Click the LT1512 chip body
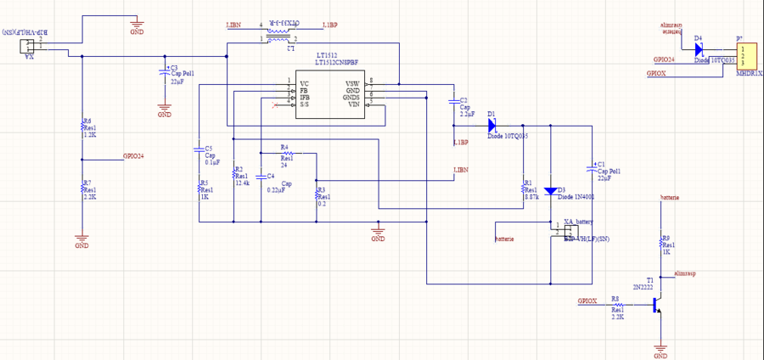(331, 98)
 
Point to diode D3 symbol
(550, 191)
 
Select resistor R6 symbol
(81, 127)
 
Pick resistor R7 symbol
(81, 188)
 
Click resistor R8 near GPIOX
(617, 303)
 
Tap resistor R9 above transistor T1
(662, 245)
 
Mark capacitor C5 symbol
(198, 155)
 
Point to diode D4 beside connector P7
(698, 48)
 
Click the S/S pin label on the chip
(303, 104)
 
